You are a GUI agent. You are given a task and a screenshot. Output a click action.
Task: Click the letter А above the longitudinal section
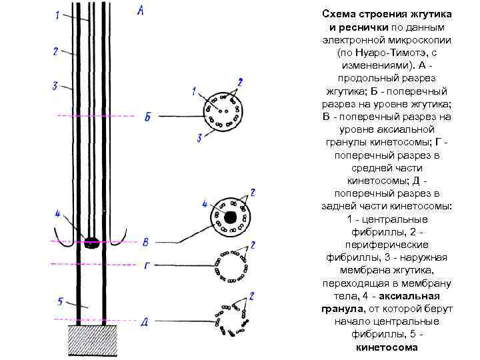[139, 10]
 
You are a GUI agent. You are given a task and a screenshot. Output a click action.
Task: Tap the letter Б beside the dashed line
[147, 117]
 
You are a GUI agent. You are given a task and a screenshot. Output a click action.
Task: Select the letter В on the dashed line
[147, 240]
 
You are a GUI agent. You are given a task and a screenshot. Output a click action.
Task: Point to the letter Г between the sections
[147, 265]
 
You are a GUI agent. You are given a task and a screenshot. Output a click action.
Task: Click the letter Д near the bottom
[145, 322]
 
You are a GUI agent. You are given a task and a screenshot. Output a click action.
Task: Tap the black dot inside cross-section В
[230, 217]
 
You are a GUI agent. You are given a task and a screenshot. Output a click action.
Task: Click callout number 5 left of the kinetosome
[59, 302]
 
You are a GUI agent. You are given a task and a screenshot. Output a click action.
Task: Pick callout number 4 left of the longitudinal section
[58, 214]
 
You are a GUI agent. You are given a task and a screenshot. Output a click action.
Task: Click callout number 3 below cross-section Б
[199, 138]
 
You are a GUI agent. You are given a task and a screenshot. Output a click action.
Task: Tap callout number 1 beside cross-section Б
[193, 90]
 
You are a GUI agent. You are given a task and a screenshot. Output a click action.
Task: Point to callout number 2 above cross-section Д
[251, 295]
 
